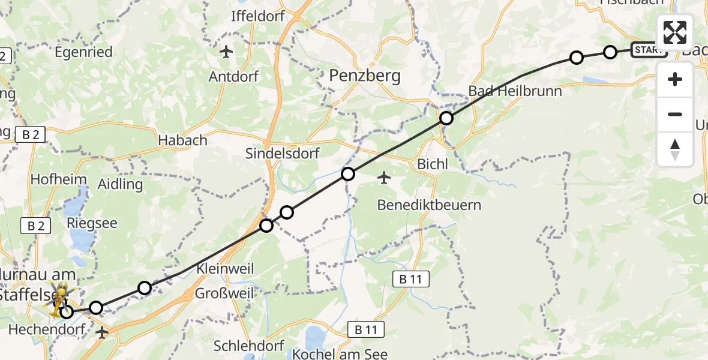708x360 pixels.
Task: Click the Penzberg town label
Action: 365,76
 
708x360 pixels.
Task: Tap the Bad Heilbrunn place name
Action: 515,91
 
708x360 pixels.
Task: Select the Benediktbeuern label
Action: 429,205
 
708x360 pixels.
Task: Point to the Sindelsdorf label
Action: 282,153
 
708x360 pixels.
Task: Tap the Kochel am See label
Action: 340,354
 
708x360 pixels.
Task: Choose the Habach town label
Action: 182,140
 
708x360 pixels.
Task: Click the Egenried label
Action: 83,52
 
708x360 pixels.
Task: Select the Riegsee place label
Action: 92,223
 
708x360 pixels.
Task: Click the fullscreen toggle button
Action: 675,32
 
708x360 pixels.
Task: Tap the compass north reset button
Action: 675,149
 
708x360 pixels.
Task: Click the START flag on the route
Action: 649,50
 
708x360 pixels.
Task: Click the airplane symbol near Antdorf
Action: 226,52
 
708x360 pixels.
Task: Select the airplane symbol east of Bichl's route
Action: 384,178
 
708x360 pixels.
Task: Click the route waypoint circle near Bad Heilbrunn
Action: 446,118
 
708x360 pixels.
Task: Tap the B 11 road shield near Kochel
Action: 366,329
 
